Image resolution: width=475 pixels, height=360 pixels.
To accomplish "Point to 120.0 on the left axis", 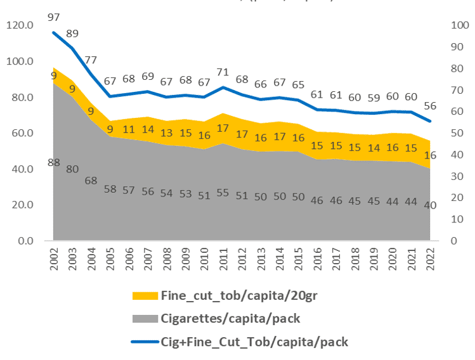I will (20, 25).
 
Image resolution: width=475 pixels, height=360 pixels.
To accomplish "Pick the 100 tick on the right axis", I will (456, 25).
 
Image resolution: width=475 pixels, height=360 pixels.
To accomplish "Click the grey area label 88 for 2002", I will (54, 162).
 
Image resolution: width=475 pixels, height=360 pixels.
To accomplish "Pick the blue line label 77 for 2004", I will (91, 60).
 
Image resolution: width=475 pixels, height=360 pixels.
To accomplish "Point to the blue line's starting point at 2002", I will (55, 32).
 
